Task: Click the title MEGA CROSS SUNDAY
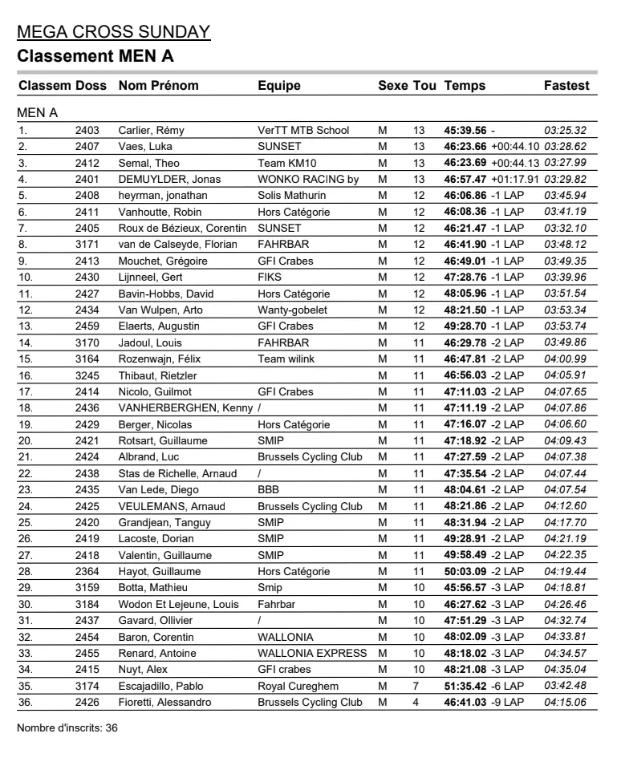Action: point(113,32)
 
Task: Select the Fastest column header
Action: point(566,86)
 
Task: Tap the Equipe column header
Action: point(279,86)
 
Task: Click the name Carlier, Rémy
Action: point(152,131)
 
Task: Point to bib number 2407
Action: point(87,147)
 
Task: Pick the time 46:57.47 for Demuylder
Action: point(465,180)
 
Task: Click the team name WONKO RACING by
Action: point(308,180)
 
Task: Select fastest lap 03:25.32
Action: point(565,131)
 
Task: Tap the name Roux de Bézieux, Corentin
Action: point(182,229)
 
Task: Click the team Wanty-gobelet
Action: point(292,310)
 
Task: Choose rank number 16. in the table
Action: point(26,375)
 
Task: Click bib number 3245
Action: point(87,375)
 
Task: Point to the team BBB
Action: point(268,490)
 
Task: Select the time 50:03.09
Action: point(465,572)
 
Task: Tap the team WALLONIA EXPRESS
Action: point(312,654)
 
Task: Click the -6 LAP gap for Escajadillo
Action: point(507,687)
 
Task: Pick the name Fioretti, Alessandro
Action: point(164,703)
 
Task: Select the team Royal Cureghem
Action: point(298,687)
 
